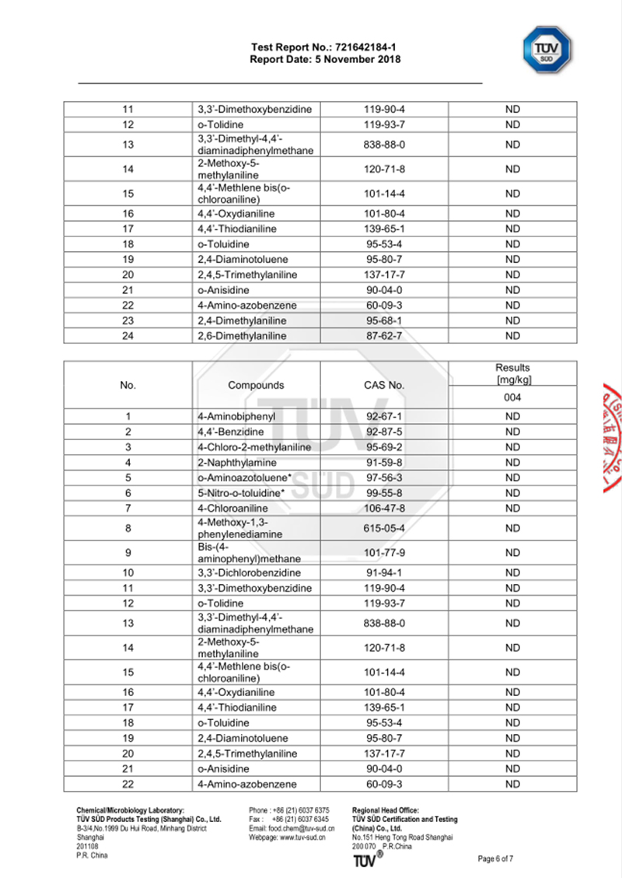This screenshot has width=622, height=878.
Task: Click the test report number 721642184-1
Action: pos(363,48)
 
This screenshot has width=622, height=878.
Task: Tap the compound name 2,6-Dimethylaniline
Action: pos(242,336)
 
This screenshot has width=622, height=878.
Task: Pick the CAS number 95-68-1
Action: pos(384,320)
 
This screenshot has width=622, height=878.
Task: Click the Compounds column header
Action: pos(256,385)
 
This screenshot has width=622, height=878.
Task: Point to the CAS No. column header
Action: pos(384,385)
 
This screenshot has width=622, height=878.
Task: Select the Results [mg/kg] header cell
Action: pos(512,373)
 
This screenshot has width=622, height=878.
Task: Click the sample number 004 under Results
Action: pos(512,397)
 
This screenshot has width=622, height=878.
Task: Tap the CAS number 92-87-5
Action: pos(384,432)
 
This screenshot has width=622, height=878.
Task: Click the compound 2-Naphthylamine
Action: pos(233,462)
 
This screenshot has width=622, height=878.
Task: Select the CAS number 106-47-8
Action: pos(384,508)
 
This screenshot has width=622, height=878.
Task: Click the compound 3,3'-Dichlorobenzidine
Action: pos(250,572)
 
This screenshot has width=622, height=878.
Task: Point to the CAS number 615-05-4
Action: pos(384,528)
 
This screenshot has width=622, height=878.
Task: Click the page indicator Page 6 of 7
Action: pos(495,859)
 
